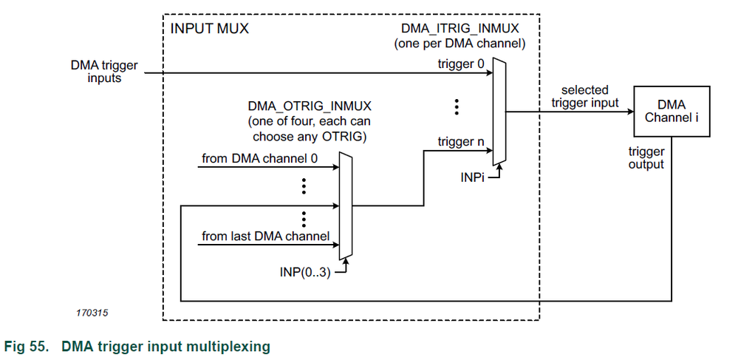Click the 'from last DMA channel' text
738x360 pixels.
point(265,237)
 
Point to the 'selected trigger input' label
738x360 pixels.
point(584,96)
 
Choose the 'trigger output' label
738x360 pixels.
point(646,158)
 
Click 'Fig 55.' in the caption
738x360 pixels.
point(28,346)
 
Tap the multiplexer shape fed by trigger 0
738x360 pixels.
point(500,112)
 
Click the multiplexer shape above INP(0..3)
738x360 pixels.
point(344,206)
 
